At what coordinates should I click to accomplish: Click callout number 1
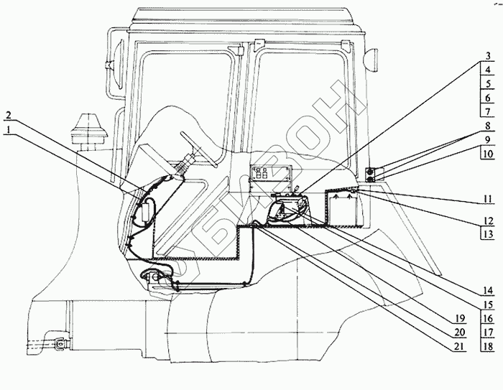point(8,129)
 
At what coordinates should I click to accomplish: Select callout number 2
point(8,115)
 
